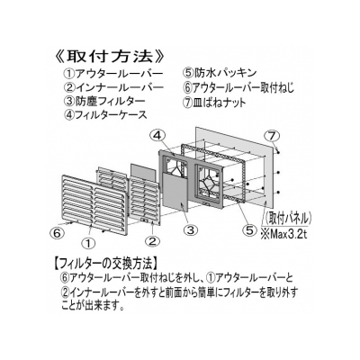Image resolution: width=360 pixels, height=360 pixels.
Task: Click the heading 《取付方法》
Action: tap(110, 57)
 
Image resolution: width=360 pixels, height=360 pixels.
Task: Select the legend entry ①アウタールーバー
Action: tap(113, 74)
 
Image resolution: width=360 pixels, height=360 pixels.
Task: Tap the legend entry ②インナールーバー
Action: tap(113, 87)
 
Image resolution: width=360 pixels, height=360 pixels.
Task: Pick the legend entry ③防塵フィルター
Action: tap(104, 101)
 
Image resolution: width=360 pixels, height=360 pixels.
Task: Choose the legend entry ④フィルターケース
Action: tap(105, 115)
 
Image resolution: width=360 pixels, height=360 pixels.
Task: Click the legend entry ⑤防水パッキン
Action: tap(220, 73)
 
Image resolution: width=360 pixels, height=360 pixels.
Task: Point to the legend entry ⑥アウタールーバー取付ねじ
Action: tap(238, 87)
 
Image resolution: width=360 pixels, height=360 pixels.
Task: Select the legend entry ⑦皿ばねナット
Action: tap(214, 103)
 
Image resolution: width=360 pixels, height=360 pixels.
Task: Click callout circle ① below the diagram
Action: tap(89, 243)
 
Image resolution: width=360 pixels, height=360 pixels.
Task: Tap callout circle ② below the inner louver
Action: tap(152, 241)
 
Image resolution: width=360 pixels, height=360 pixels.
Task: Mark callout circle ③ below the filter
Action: tap(191, 230)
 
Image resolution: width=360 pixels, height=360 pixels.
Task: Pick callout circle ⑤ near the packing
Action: tap(250, 230)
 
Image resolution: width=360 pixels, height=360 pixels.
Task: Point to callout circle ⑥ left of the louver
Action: tap(57, 232)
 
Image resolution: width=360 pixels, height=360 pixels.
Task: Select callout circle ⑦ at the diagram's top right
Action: tap(272, 136)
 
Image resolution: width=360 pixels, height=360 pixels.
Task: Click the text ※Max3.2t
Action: tap(283, 234)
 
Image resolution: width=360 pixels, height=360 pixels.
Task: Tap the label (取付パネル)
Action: tap(288, 218)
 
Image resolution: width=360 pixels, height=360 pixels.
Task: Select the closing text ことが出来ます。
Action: tap(93, 307)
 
